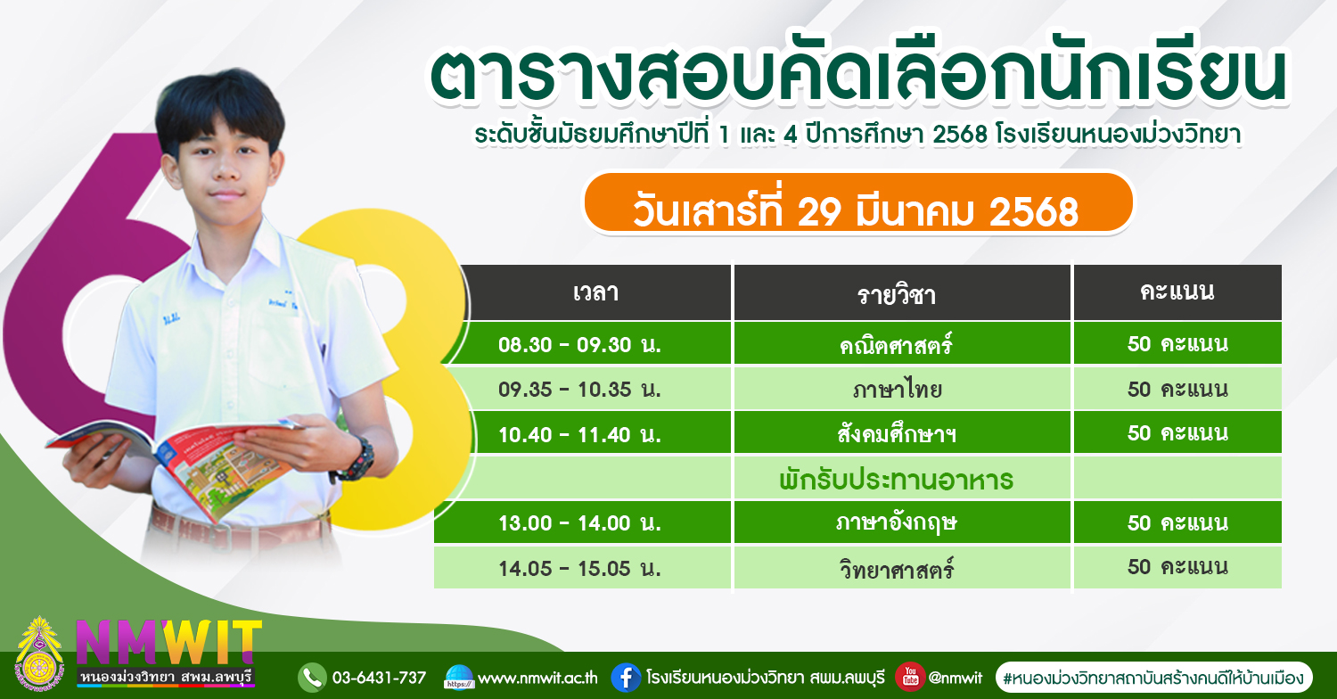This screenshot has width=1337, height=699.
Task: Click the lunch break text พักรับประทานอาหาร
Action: [896, 480]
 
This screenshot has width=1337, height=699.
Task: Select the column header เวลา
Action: [595, 292]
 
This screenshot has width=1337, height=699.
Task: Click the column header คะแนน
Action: [1177, 292]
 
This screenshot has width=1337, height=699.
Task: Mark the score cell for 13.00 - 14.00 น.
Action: [1177, 522]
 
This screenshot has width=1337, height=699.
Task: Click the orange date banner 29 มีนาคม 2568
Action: [858, 203]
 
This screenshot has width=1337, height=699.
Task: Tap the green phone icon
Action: [312, 678]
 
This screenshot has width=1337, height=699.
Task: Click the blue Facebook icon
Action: [626, 678]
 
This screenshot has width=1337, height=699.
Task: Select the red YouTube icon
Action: [910, 677]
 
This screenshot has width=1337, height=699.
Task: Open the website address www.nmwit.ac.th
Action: [537, 678]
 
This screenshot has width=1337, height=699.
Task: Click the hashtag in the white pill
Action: [1153, 678]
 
